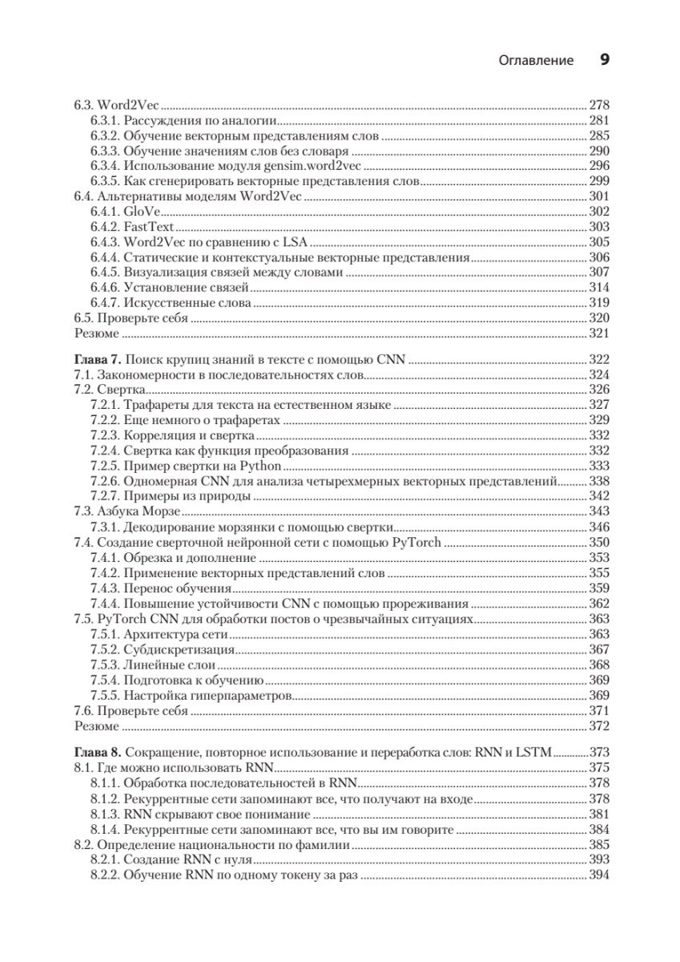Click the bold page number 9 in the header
[606, 59]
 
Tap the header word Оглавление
[536, 60]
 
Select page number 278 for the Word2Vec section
[599, 104]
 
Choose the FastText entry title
[149, 226]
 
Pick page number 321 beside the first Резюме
[599, 333]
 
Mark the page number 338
[599, 480]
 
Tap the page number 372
[599, 726]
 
